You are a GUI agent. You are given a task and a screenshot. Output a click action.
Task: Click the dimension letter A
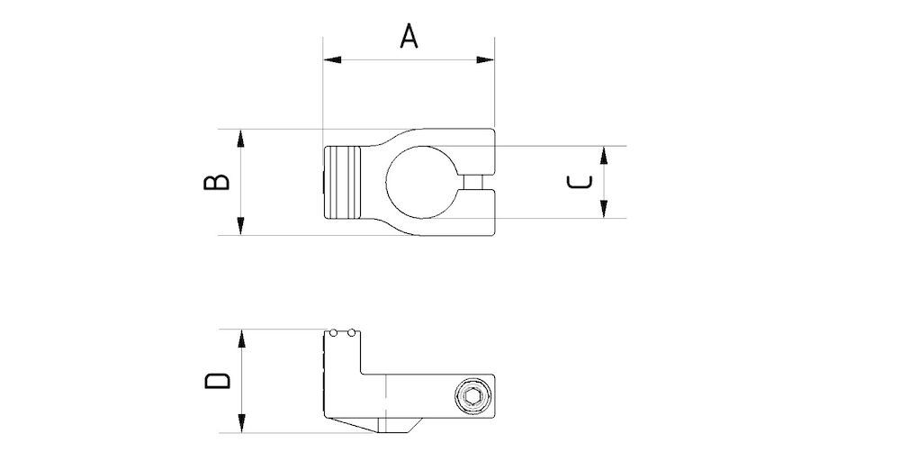tap(409, 37)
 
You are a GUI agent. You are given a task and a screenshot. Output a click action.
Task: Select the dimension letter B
tap(216, 182)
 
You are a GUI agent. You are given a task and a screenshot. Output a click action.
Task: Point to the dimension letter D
tap(217, 380)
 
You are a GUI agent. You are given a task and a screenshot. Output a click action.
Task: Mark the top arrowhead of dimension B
tap(241, 138)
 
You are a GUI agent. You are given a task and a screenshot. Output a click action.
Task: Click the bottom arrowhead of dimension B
tap(241, 226)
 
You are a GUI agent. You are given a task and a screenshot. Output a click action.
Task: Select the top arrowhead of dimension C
tap(604, 153)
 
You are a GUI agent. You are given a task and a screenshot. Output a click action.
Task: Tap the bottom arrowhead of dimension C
tap(604, 210)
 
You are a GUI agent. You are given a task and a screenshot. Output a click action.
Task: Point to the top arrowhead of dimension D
tap(241, 339)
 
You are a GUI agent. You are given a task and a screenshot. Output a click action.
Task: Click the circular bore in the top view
tap(418, 182)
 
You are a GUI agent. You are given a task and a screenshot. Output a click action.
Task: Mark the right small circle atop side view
tap(351, 334)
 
